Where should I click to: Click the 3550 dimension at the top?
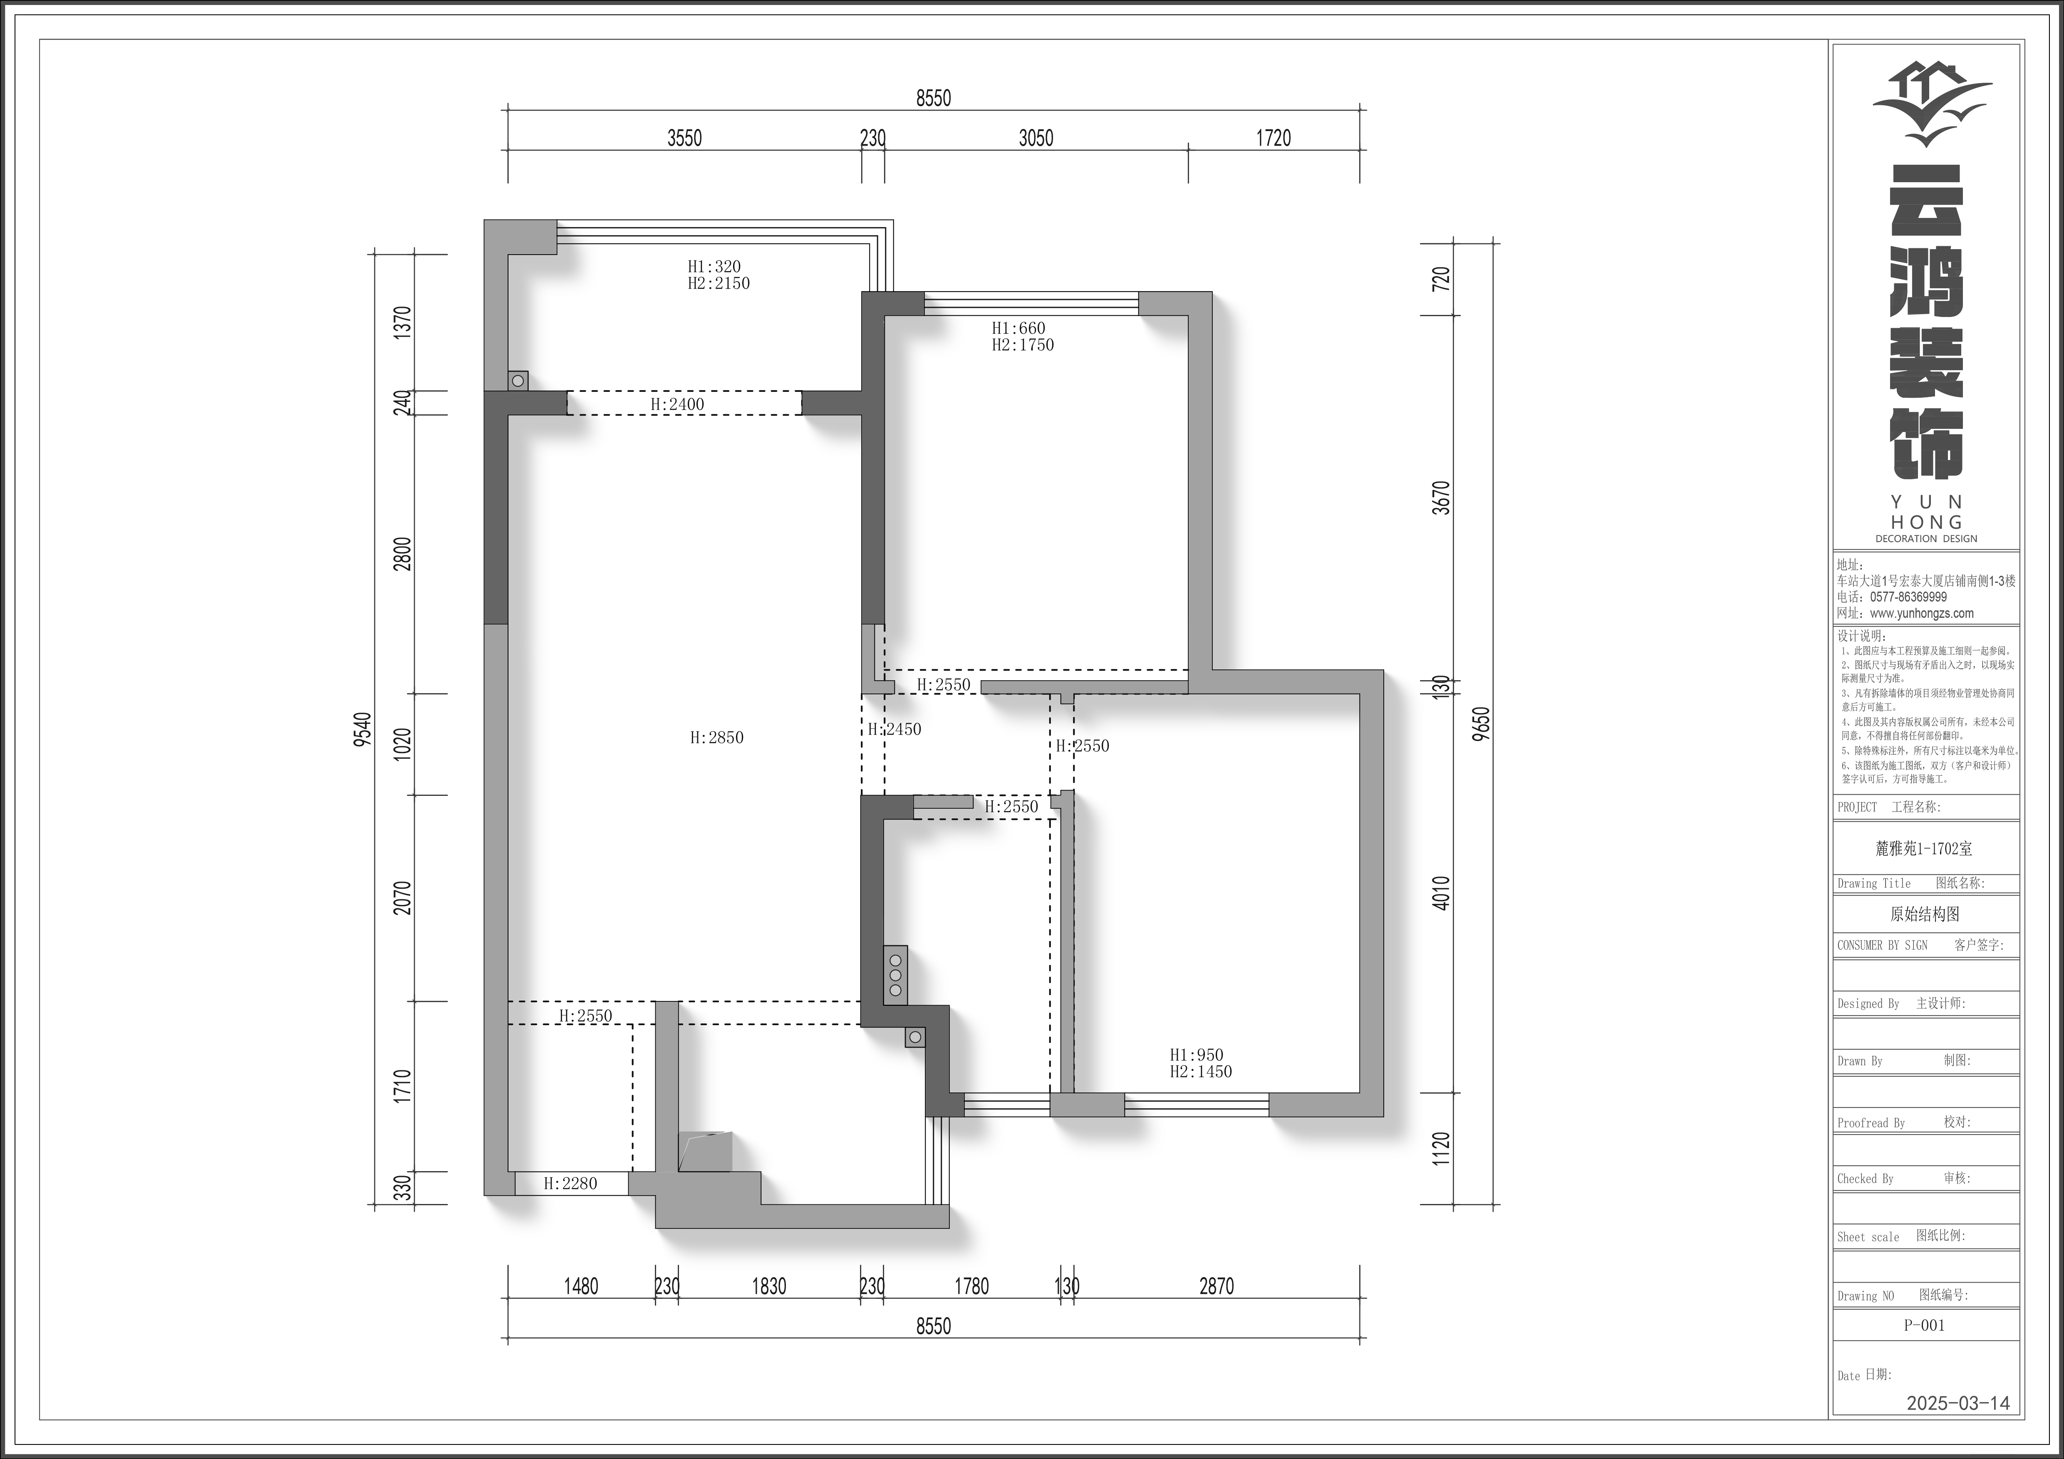pos(684,138)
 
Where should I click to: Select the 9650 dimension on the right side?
pos(1482,723)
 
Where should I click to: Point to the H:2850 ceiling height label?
pos(716,737)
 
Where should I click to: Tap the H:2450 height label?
pos(895,729)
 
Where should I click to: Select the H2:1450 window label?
pos(1201,1072)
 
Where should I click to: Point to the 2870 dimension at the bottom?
pos(1216,1286)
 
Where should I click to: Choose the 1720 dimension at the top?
pos(1273,138)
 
